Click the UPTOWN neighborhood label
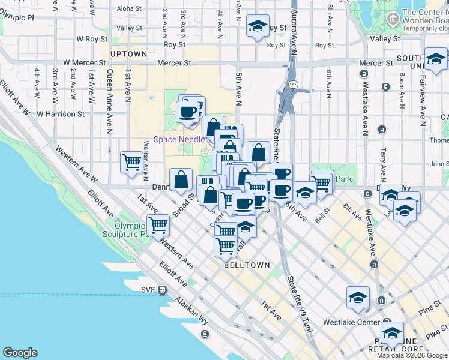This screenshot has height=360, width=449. pos(128,54)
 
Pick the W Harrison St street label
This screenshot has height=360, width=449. pos(61,113)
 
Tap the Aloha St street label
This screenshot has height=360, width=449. pos(128,8)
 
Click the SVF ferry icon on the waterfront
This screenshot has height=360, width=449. pos(162,290)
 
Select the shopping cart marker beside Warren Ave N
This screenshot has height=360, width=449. pos(131,161)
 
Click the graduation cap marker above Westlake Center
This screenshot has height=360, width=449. pos(358,297)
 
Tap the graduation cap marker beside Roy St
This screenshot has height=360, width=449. pos(258,26)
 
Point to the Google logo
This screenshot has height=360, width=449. pos(20,353)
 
